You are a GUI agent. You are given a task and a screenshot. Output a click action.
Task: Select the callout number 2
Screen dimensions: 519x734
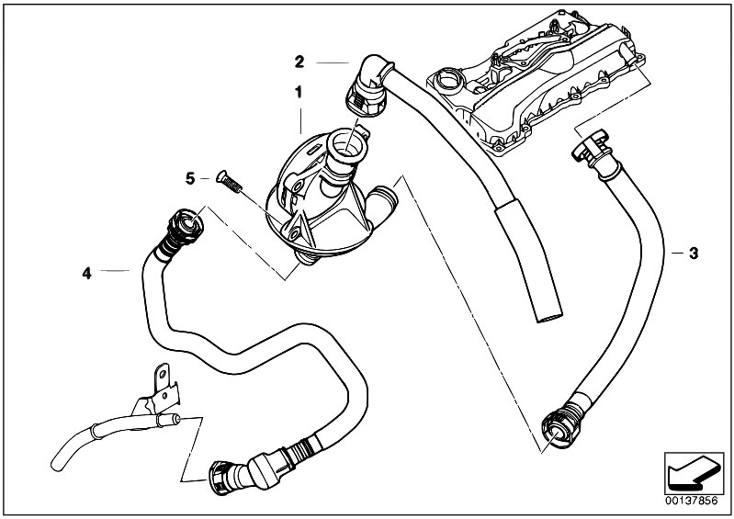pyautogui.click(x=299, y=62)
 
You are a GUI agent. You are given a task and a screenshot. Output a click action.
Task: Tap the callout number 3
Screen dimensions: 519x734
pyautogui.click(x=694, y=253)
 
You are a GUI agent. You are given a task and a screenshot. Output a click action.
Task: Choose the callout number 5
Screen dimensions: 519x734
pyautogui.click(x=190, y=177)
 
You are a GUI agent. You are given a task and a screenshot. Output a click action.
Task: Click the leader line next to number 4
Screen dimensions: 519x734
pyautogui.click(x=115, y=271)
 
